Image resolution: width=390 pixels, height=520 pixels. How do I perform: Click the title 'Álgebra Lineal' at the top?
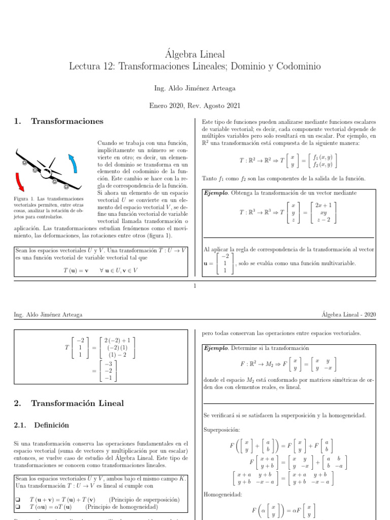point(195,54)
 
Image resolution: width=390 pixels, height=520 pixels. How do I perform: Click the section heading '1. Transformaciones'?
point(59,121)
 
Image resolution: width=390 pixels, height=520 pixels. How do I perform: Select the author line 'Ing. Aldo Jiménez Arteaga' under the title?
point(195,88)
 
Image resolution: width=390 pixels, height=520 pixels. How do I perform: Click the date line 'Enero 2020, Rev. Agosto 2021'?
point(195,106)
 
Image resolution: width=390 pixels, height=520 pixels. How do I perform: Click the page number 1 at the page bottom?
point(195,286)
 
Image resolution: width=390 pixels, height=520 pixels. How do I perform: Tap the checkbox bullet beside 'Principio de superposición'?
point(18,499)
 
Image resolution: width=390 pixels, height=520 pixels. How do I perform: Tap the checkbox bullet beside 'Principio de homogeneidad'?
point(18,507)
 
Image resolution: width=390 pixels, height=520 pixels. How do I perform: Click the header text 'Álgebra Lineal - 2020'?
point(348,315)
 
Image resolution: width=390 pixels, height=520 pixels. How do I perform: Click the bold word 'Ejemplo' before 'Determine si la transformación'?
point(216,348)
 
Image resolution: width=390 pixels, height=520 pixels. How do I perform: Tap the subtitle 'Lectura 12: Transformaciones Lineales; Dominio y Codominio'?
point(195,67)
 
